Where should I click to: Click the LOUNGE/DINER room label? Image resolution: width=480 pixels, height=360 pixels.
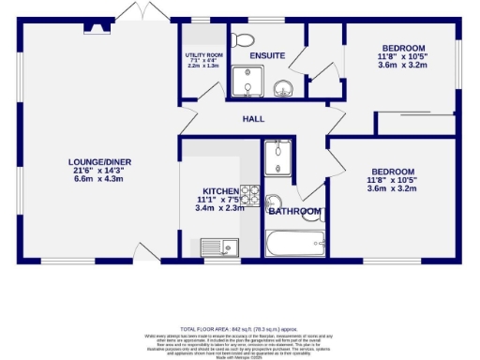tap(98, 162)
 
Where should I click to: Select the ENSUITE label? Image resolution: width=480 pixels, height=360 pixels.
tap(267, 55)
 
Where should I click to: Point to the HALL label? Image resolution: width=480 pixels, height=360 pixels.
tap(253, 119)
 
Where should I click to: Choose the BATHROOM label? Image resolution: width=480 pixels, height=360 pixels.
tap(295, 212)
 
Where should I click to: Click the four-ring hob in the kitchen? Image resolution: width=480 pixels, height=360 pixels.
tap(249, 194)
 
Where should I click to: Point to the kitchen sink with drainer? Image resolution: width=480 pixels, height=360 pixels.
tap(220, 247)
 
